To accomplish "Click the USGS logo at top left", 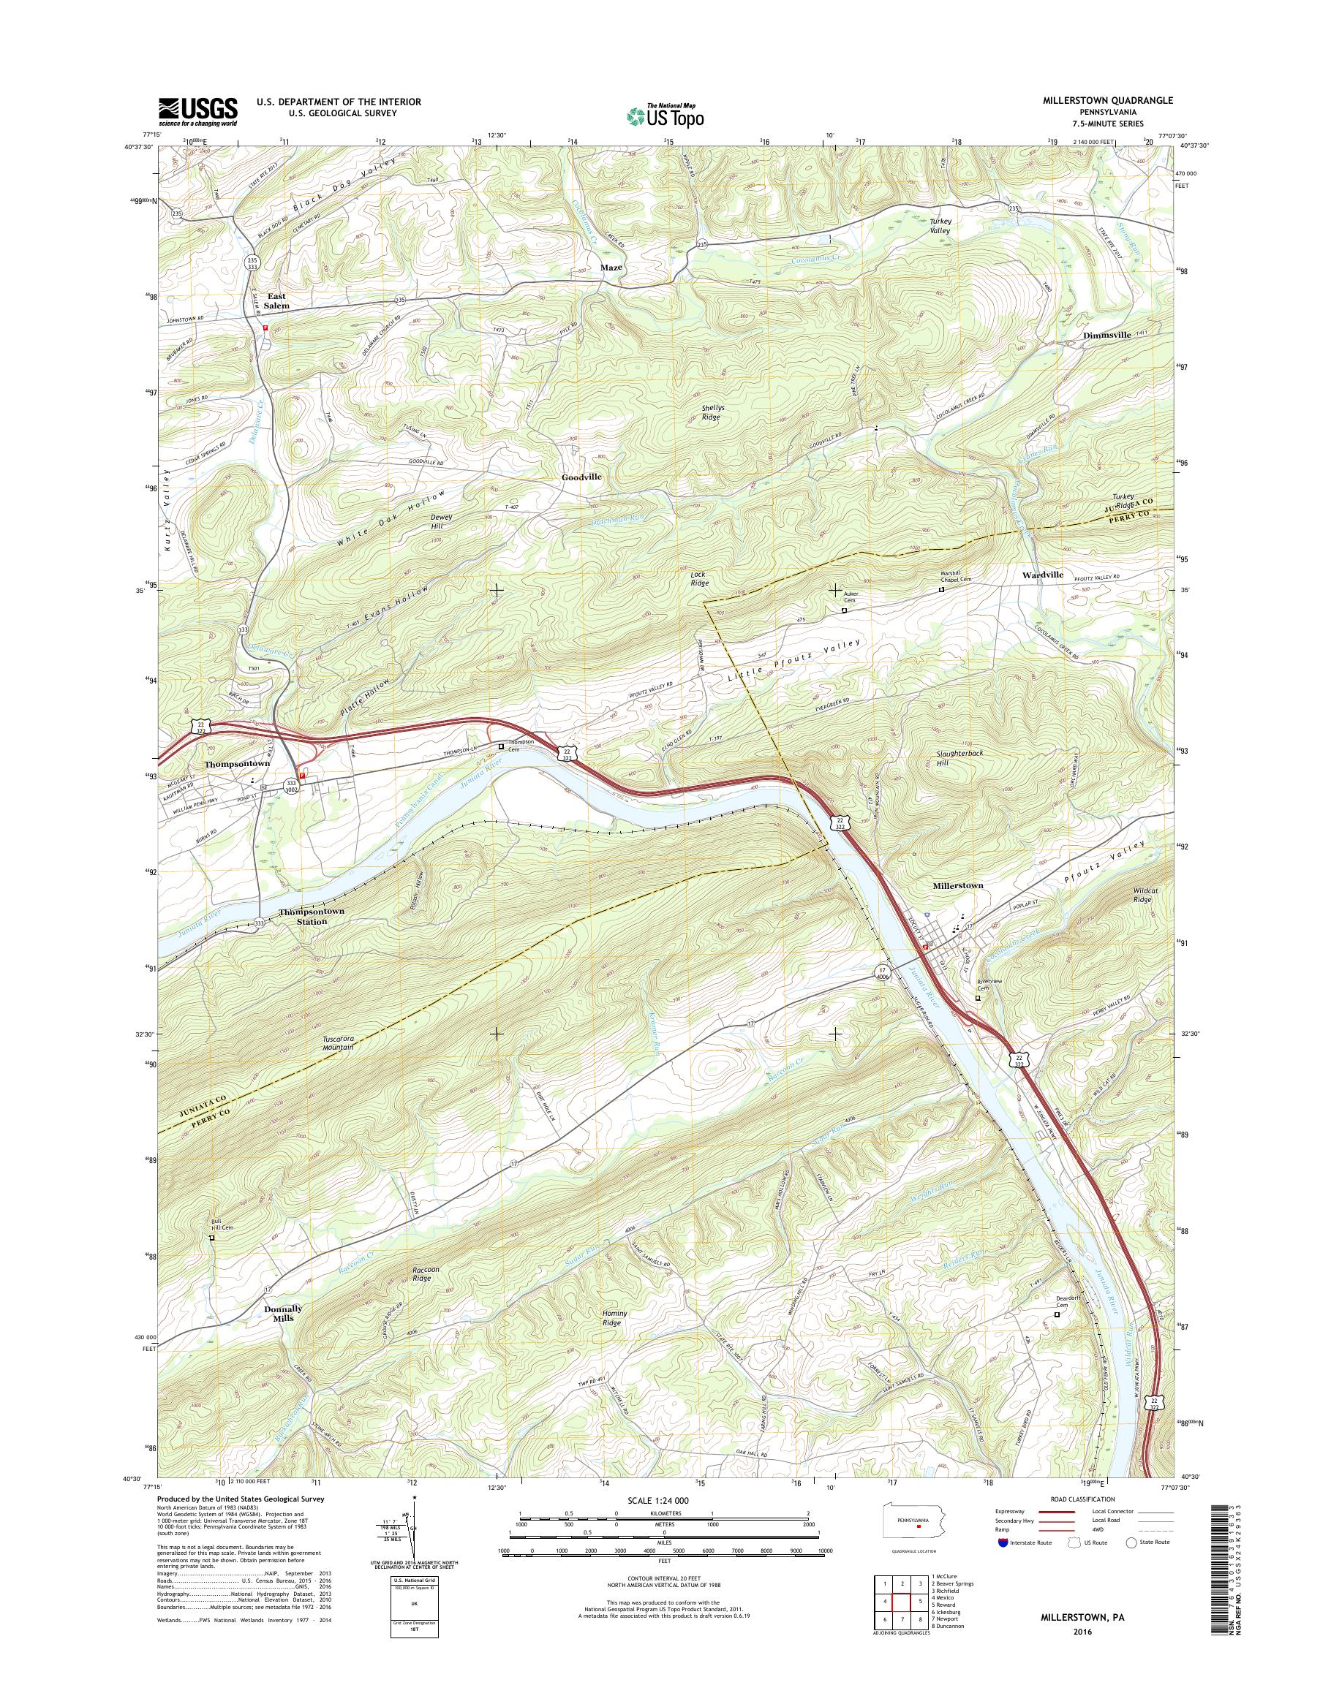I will (x=198, y=111).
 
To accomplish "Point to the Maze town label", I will (x=611, y=268).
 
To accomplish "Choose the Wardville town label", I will (x=1043, y=575).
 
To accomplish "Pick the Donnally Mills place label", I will (x=282, y=1314).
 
